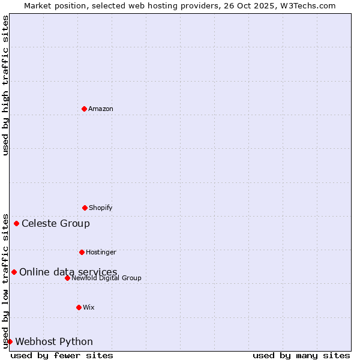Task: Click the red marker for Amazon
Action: pos(84,109)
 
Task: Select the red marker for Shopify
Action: pos(85,208)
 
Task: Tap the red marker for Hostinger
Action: pos(82,252)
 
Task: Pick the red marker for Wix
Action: pos(79,307)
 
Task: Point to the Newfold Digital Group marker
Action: pos(67,278)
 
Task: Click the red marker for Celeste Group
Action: pos(16,224)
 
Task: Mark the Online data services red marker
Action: pos(14,272)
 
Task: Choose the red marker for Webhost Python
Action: pos(10,341)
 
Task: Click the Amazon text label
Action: pos(101,109)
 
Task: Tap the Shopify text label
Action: pos(101,208)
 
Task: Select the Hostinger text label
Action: pos(101,252)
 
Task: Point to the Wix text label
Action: pos(89,307)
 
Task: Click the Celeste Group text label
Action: pos(56,224)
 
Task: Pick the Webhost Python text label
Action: pos(54,342)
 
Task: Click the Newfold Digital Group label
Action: pos(107,278)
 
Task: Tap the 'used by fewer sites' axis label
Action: pos(62,355)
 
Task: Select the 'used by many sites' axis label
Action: pos(301,355)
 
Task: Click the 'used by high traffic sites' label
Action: pos(5,85)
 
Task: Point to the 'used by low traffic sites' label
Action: pos(5,281)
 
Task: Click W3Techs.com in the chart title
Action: pos(307,5)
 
